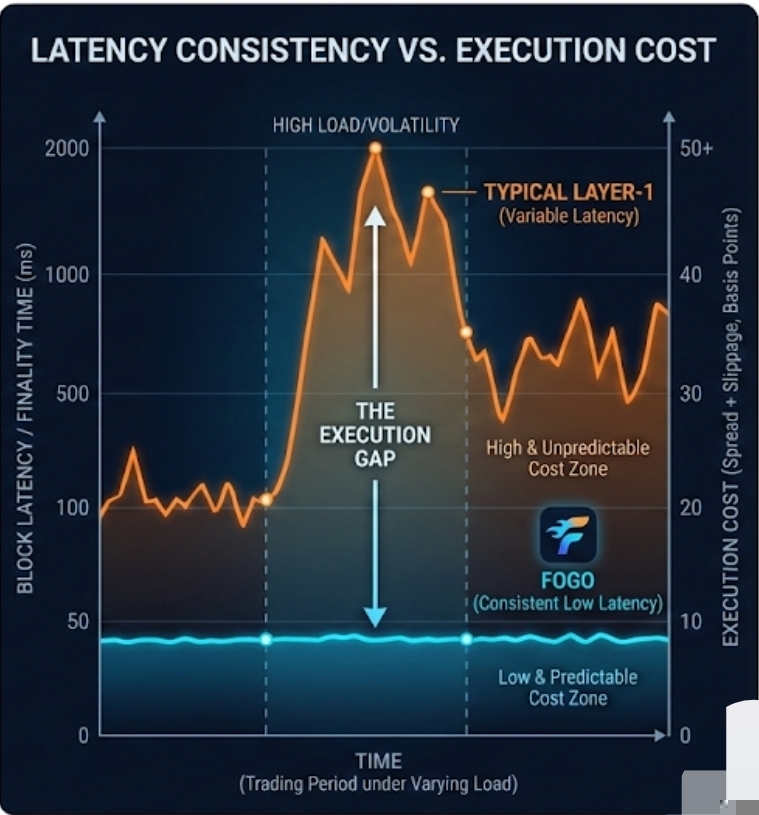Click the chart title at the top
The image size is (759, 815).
[x=372, y=51]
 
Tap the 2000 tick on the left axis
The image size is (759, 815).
[x=66, y=150]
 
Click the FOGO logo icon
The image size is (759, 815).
[x=567, y=534]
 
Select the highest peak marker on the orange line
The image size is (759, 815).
[x=375, y=149]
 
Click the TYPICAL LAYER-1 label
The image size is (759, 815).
[x=568, y=192]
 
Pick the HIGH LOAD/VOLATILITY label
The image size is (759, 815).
[x=365, y=125]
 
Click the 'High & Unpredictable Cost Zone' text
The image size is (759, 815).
[x=567, y=458]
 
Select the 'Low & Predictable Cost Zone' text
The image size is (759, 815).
[x=567, y=687]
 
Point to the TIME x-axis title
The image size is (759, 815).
[x=377, y=761]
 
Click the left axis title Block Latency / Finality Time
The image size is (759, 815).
[x=26, y=418]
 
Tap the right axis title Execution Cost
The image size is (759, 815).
[x=731, y=427]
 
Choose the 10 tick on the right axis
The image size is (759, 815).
[x=689, y=621]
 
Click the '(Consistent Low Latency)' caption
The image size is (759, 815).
[x=567, y=604]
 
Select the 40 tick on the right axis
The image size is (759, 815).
[x=689, y=275]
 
